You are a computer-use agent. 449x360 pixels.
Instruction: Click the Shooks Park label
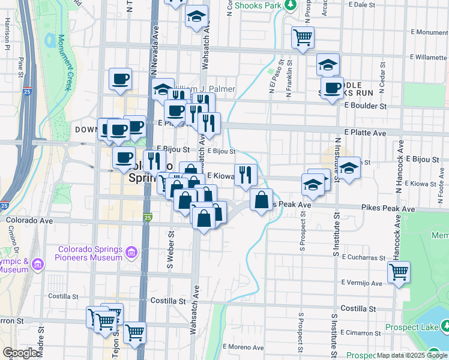pos(258,5)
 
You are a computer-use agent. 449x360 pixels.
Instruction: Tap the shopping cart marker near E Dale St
pos(303,37)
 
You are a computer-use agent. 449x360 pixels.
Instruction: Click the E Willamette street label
pos(428,58)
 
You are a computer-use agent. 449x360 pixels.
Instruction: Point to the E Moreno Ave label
pos(243,347)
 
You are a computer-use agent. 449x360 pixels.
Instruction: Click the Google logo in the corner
pos(20,353)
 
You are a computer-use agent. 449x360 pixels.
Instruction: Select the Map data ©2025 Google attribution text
pos(412,356)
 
